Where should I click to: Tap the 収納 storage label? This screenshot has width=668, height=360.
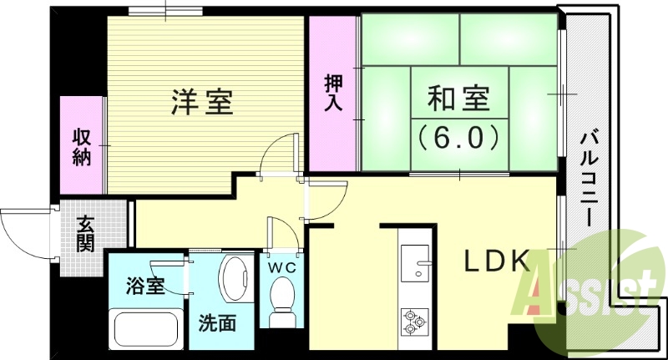tap(81, 147)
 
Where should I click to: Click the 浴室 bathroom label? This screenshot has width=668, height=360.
tap(145, 286)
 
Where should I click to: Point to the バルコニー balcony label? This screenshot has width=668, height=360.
tap(590, 180)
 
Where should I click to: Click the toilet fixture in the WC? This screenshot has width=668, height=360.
tap(283, 300)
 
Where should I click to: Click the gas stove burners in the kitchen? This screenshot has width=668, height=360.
tap(415, 321)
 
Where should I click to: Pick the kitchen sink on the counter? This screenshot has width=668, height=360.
tap(414, 266)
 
